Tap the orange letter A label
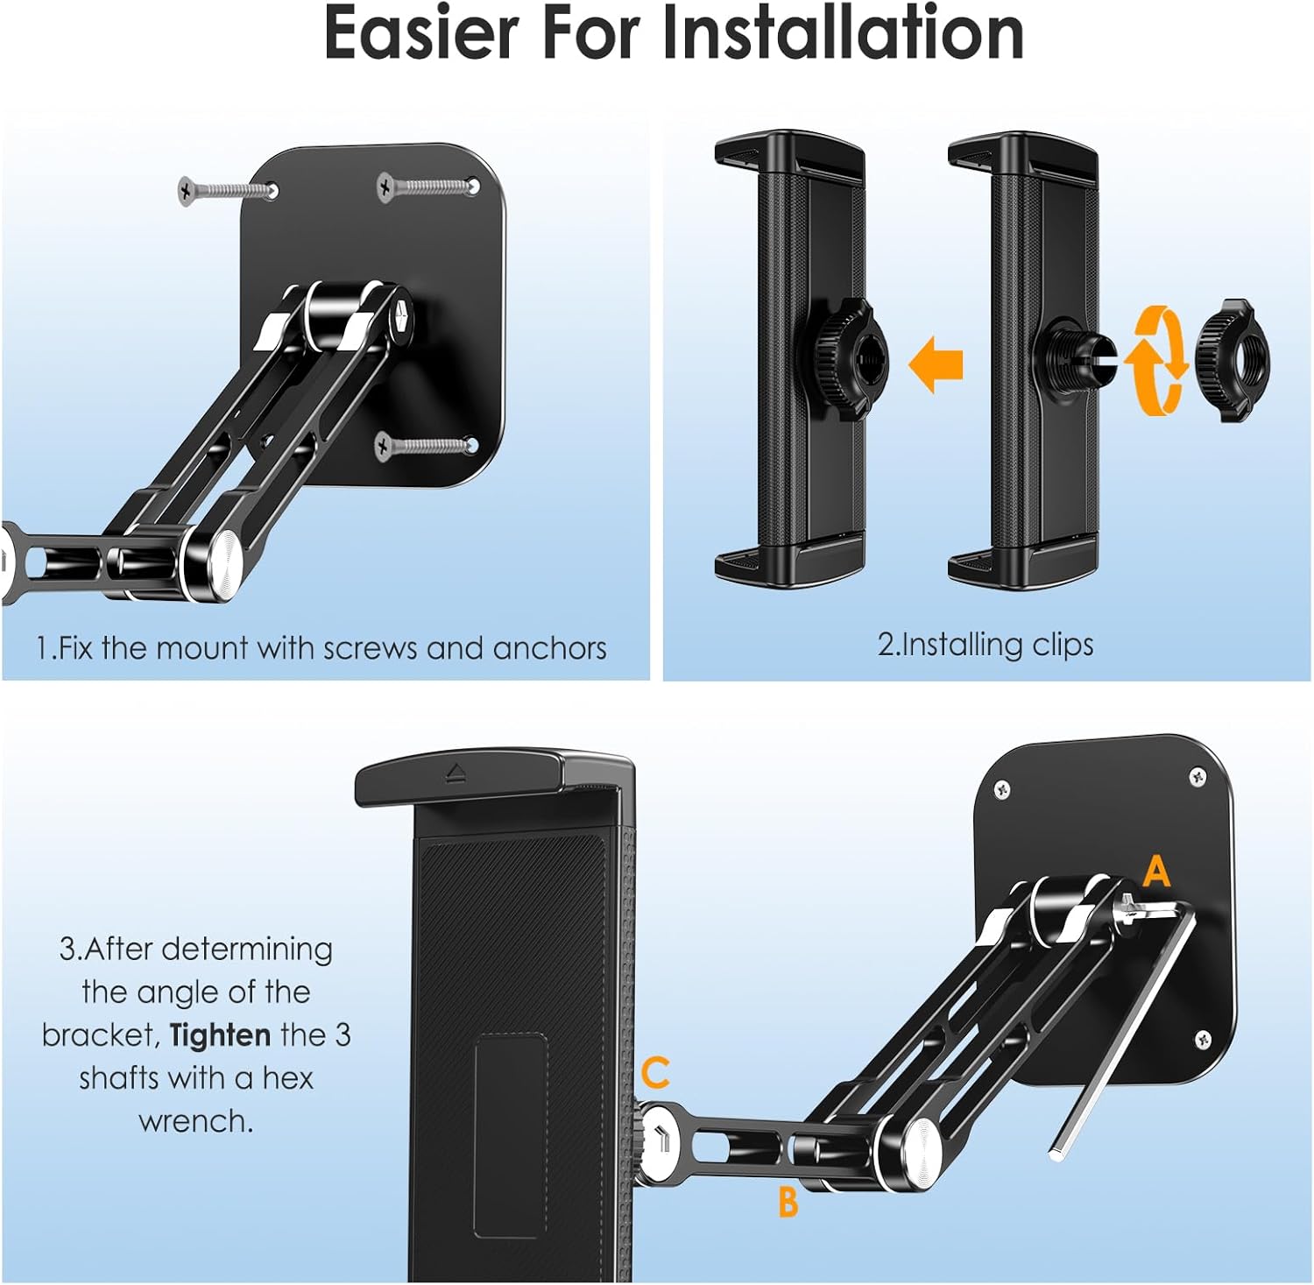point(1156,872)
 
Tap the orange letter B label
point(788,1202)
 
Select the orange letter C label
point(655,1072)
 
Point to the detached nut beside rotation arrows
point(1233,359)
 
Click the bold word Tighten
point(220,1035)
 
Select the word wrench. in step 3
point(195,1121)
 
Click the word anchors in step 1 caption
point(549,648)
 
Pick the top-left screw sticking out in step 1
point(223,189)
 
